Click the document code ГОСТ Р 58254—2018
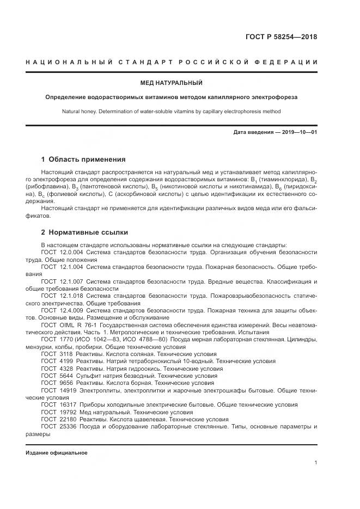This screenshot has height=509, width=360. tap(281, 38)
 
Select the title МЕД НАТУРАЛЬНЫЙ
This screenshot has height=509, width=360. tap(172, 83)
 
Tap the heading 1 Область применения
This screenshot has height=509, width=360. tap(83, 160)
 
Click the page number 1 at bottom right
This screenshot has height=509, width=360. tap(316, 463)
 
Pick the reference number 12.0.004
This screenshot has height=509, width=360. tap(71, 253)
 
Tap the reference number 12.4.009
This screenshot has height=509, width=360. tap(71, 310)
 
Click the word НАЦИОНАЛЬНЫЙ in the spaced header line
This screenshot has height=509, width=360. tap(62, 62)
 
